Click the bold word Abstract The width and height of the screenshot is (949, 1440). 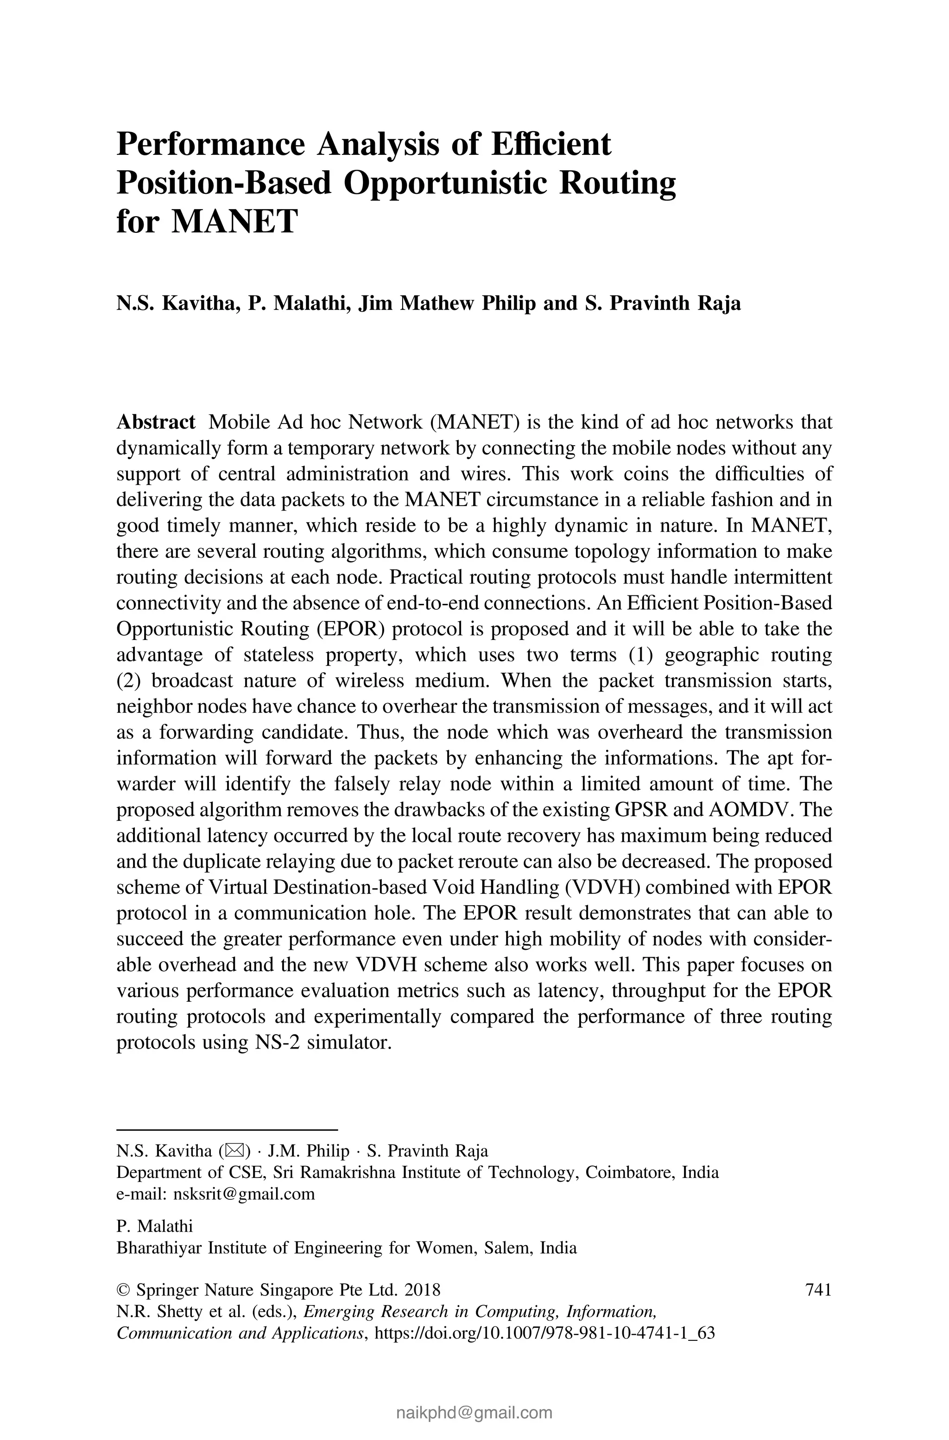click(156, 422)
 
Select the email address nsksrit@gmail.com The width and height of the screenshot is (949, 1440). click(244, 1194)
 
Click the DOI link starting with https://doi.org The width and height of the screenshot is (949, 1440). click(545, 1333)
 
